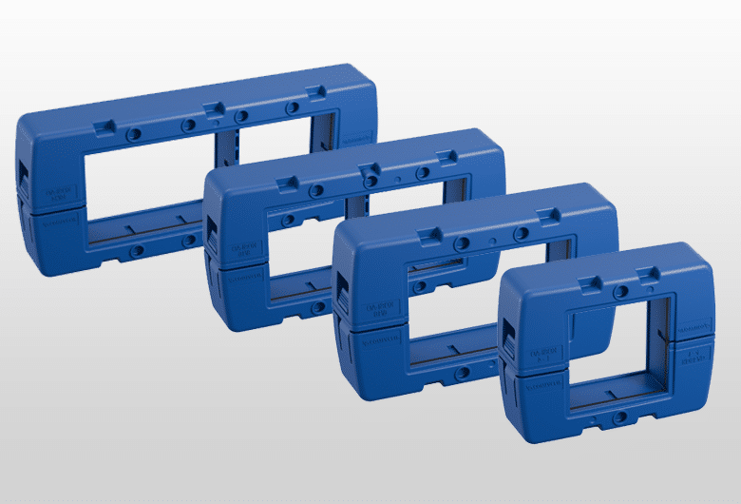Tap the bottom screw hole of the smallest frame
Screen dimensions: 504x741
click(619, 417)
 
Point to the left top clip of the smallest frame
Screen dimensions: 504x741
click(590, 281)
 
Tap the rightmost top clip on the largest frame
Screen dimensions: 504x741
click(316, 91)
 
